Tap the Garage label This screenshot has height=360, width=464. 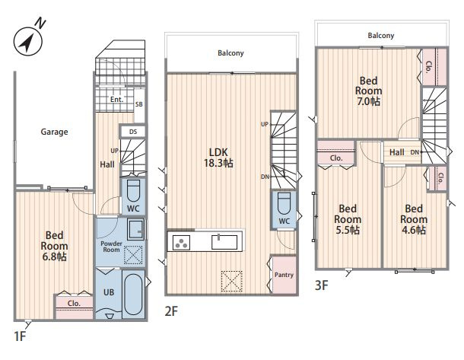pos(54,132)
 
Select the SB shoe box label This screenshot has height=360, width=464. pos(139,104)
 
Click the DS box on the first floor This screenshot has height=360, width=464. pos(133,132)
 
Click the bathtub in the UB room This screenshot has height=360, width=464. pos(133,294)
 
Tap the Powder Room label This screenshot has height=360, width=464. pos(111,247)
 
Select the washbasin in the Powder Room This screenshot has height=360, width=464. pos(136,229)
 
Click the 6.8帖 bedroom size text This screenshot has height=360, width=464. pos(54,256)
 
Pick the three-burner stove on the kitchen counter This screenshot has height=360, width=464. pos(181,243)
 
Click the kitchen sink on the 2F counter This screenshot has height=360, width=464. pos(224,242)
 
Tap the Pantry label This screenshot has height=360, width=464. pos(284,275)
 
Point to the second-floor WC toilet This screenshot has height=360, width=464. pos(284,203)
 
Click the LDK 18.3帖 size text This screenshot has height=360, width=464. pos(218,163)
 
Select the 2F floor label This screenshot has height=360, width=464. pos(171,311)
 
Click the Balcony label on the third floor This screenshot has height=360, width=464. pos(381,36)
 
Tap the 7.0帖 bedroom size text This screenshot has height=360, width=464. pos(368,101)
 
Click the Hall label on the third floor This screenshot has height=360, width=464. pos(397,152)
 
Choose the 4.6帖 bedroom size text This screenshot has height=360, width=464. pos(414,230)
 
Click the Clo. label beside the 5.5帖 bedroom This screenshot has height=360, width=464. pos(336,158)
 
